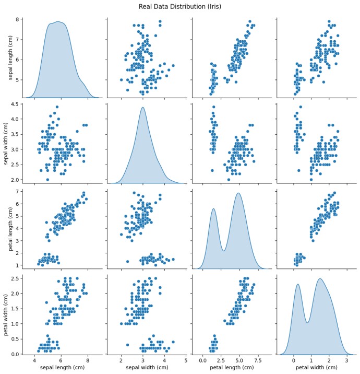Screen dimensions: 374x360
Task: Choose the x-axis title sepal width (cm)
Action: point(143,368)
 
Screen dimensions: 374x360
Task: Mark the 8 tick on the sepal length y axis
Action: point(17,20)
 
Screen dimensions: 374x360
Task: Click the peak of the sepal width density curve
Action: point(142,108)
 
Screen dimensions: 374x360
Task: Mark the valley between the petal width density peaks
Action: point(308,322)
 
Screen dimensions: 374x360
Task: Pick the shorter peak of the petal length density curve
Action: point(214,209)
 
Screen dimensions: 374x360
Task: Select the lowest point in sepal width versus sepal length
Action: point(47,179)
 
